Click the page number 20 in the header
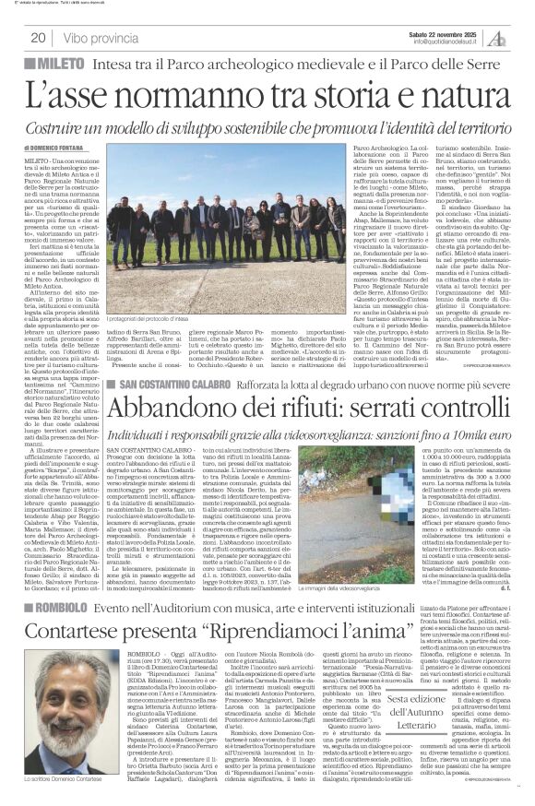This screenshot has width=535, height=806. click(38, 38)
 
